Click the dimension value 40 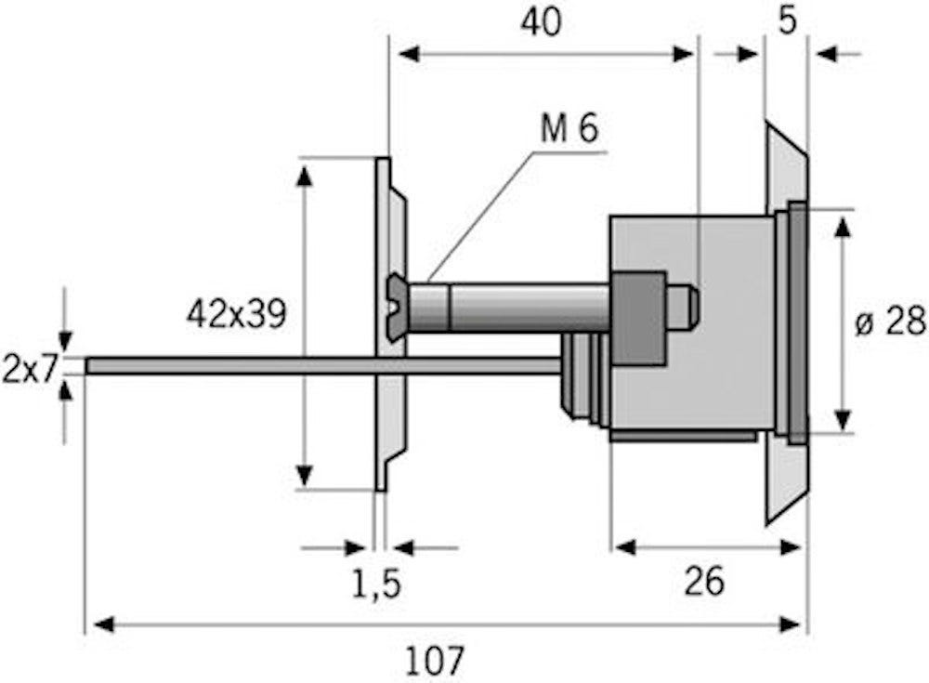pos(541,22)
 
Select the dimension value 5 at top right pos(787,20)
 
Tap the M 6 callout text pos(570,130)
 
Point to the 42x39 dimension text pos(236,314)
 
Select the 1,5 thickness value pos(376,584)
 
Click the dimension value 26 pos(703,582)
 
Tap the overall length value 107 pos(435,660)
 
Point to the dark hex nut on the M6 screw pos(638,318)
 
